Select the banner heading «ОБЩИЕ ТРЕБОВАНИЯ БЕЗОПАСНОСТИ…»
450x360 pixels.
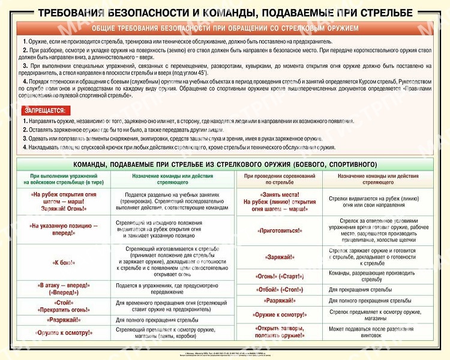pyautogui.click(x=225, y=28)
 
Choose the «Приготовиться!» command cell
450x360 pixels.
pyautogui.click(x=279, y=230)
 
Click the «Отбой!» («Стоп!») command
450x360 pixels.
pyautogui.click(x=279, y=289)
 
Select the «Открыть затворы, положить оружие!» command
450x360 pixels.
pyautogui.click(x=279, y=332)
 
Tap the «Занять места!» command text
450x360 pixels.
pyautogui.click(x=279, y=194)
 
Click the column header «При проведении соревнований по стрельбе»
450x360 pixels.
pyautogui.click(x=279, y=178)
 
